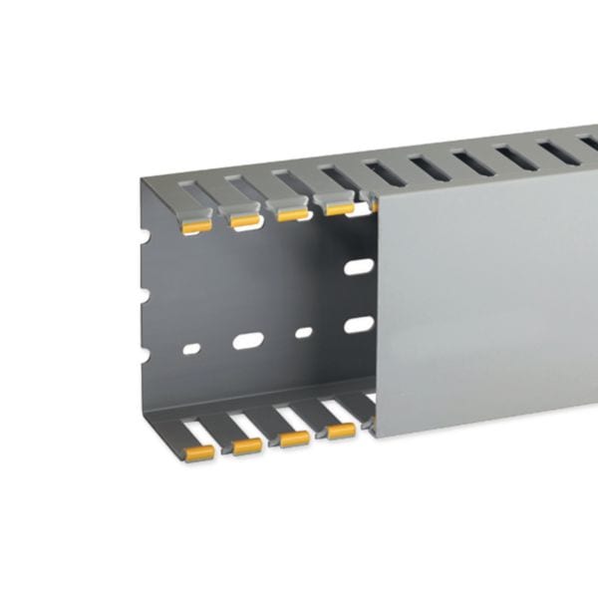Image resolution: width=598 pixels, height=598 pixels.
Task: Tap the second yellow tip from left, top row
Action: click(x=243, y=221)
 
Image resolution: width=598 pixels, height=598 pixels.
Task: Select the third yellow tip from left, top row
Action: click(x=291, y=214)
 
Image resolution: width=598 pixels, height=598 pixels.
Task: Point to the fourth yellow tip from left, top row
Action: click(x=339, y=209)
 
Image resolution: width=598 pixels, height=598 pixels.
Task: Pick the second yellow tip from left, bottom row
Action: click(x=247, y=446)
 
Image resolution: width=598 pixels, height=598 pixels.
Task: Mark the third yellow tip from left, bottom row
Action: click(x=294, y=438)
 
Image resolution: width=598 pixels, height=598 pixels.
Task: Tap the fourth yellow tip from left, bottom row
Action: click(x=341, y=431)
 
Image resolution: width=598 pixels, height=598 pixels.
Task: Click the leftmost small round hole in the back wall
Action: click(x=192, y=349)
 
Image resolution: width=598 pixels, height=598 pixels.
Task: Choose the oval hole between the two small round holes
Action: click(x=247, y=341)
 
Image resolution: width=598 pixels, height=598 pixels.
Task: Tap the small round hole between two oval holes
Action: click(x=303, y=332)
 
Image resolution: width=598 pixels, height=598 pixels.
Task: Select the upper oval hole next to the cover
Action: click(x=358, y=267)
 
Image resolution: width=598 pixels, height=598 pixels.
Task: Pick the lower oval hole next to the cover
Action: click(x=358, y=324)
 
